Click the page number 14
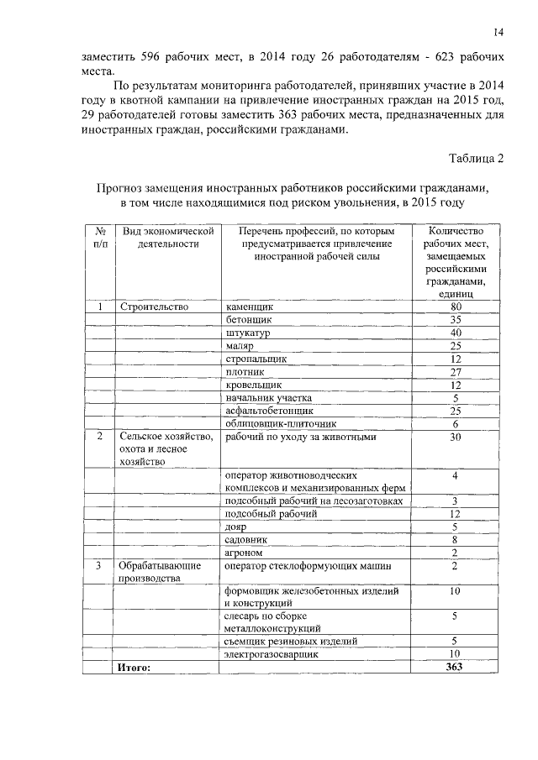498,33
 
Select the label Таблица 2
477,159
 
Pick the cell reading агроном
245,553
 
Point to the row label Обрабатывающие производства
160,572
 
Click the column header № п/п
100,237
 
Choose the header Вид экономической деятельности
166,237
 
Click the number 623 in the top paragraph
429,57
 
